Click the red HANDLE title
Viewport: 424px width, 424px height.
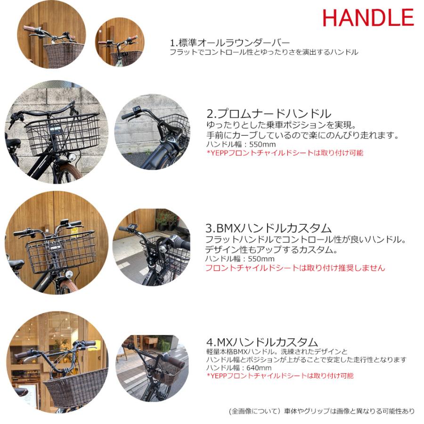[x=368, y=17]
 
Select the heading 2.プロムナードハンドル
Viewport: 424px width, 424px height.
[x=269, y=114]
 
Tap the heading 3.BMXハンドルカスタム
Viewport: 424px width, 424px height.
[x=269, y=228]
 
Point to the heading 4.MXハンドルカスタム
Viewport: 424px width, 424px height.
[x=262, y=342]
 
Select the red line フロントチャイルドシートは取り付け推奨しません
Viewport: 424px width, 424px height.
[x=295, y=268]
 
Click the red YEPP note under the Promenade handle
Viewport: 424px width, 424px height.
[x=285, y=153]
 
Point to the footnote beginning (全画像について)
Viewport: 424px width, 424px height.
[x=321, y=411]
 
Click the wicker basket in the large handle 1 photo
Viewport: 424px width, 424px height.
[x=64, y=55]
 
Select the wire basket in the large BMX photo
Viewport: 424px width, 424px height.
[x=61, y=250]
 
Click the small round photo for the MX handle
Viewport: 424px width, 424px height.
[x=152, y=368]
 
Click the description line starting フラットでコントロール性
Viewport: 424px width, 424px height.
[x=264, y=52]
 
